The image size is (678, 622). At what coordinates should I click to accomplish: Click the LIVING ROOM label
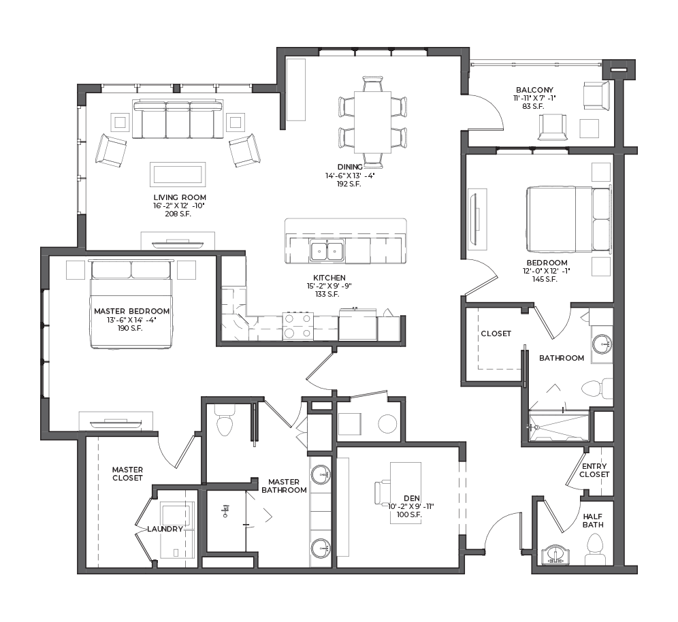click(180, 197)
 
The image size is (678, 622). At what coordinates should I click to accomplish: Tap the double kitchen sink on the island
click(327, 251)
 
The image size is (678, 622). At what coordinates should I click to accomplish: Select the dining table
click(372, 122)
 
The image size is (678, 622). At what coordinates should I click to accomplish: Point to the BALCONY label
click(534, 90)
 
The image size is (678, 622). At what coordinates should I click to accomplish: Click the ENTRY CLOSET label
click(594, 470)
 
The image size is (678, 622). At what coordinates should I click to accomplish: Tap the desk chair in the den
click(383, 493)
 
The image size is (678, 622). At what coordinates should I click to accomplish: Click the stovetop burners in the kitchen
click(297, 326)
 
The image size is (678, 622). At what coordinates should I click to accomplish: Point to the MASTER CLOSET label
click(127, 474)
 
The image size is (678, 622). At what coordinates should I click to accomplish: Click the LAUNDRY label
click(165, 529)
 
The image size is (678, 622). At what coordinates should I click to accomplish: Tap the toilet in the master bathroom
click(225, 421)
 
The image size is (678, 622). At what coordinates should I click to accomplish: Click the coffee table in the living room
click(178, 174)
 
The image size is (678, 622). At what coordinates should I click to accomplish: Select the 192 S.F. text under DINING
click(349, 184)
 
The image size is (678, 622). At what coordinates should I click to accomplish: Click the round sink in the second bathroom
click(602, 344)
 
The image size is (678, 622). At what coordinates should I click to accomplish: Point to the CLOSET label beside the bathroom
click(496, 333)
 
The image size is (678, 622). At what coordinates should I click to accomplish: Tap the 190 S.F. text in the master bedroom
click(130, 328)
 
